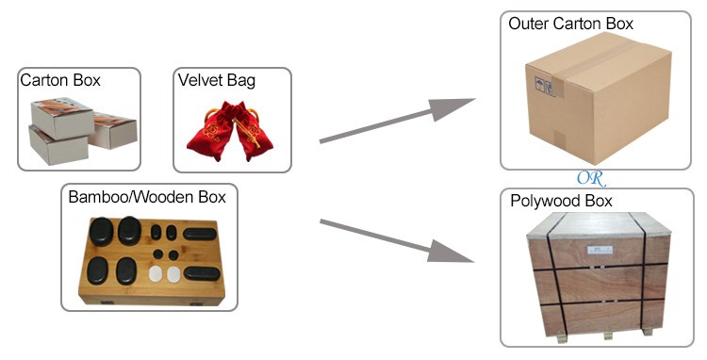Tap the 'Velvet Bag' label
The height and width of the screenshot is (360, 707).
pos(216,80)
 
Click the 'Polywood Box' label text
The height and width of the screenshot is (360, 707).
pos(561,201)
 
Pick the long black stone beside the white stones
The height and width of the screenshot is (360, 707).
pos(202,273)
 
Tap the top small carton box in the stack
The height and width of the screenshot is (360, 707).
pos(63,118)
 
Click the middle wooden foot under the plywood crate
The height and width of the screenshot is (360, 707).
pos(600,333)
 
